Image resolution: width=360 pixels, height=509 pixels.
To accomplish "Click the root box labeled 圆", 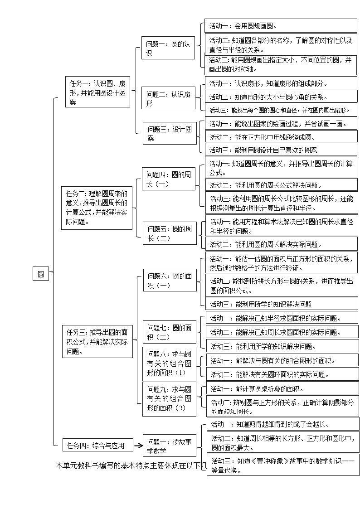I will (x=41, y=274).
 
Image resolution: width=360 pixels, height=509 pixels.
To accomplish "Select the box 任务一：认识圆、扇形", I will (x=97, y=92).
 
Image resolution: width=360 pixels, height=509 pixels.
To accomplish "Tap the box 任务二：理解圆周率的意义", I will (x=97, y=207).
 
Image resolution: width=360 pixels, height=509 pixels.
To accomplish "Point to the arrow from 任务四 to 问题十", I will (x=138, y=446).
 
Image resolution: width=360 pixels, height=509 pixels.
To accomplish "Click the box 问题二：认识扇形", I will (x=169, y=98).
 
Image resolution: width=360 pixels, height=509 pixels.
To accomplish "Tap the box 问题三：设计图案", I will (x=170, y=133).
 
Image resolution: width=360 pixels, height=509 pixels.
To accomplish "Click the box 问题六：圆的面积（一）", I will (x=170, y=281).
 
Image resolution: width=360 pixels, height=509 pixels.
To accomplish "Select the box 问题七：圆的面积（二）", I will (x=170, y=332).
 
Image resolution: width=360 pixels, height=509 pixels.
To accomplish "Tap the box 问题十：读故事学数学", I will (x=170, y=446).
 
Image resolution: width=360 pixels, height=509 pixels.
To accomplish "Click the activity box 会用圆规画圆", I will (x=281, y=26).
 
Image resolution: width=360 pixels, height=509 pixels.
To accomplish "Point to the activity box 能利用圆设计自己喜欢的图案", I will (x=282, y=150).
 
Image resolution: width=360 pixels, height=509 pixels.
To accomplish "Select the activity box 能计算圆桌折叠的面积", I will (x=282, y=388).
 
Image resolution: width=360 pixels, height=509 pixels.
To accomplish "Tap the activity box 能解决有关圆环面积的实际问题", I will (x=282, y=374).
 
